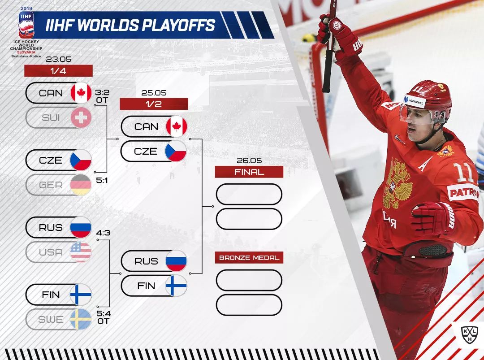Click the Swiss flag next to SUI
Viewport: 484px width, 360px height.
click(x=81, y=117)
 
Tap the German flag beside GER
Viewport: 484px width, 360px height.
click(x=81, y=185)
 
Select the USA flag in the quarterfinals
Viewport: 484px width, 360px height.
click(x=81, y=252)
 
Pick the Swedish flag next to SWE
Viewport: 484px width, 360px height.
click(x=81, y=319)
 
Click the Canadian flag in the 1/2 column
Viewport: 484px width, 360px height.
click(x=176, y=126)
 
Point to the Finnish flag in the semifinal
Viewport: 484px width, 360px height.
click(x=176, y=286)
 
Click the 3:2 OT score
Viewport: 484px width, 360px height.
click(x=102, y=96)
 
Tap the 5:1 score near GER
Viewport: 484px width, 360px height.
click(x=102, y=180)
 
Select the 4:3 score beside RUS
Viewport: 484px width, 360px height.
click(x=103, y=233)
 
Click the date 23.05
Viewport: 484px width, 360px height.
click(x=59, y=59)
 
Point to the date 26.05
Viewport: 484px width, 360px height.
click(x=249, y=160)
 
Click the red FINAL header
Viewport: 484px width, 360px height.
click(x=249, y=172)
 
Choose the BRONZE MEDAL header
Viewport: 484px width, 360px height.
click(x=249, y=258)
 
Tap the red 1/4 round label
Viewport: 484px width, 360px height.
click(x=58, y=71)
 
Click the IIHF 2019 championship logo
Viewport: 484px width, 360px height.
click(x=26, y=32)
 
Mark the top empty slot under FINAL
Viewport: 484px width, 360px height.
click(x=249, y=194)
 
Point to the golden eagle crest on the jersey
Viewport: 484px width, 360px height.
click(x=397, y=184)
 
